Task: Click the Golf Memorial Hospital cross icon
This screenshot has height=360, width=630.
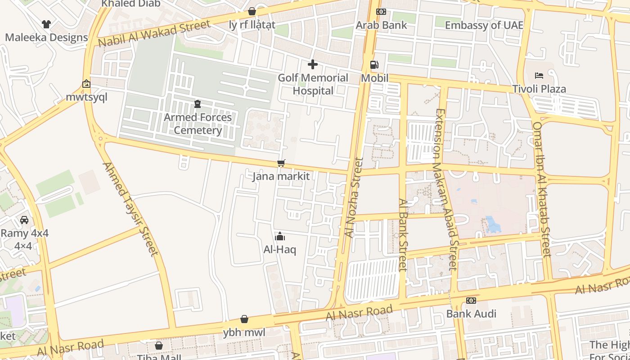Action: click(313, 65)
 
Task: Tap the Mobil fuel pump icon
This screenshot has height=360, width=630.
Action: click(374, 65)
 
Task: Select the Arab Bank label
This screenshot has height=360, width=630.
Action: click(381, 25)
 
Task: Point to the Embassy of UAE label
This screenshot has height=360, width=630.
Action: click(484, 25)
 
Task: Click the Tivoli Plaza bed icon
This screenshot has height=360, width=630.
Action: click(539, 76)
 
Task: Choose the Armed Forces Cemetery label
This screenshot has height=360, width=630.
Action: click(198, 124)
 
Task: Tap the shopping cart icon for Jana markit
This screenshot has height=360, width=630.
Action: click(281, 163)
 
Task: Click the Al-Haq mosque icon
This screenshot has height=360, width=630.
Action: click(280, 236)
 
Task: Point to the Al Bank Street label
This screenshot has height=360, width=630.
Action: click(403, 235)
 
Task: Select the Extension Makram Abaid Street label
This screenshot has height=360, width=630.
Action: click(446, 189)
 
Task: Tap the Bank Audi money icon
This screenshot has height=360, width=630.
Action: click(471, 301)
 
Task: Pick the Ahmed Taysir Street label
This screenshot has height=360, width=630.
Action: click(131, 209)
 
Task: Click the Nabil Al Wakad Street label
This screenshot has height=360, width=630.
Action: click(154, 33)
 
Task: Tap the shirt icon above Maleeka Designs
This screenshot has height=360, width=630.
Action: click(46, 24)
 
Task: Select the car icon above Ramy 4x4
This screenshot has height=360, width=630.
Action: click(24, 220)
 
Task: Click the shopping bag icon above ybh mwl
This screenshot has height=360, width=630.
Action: click(244, 319)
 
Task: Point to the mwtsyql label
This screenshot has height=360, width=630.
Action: click(86, 98)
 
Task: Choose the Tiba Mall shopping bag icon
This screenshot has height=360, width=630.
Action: click(159, 346)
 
